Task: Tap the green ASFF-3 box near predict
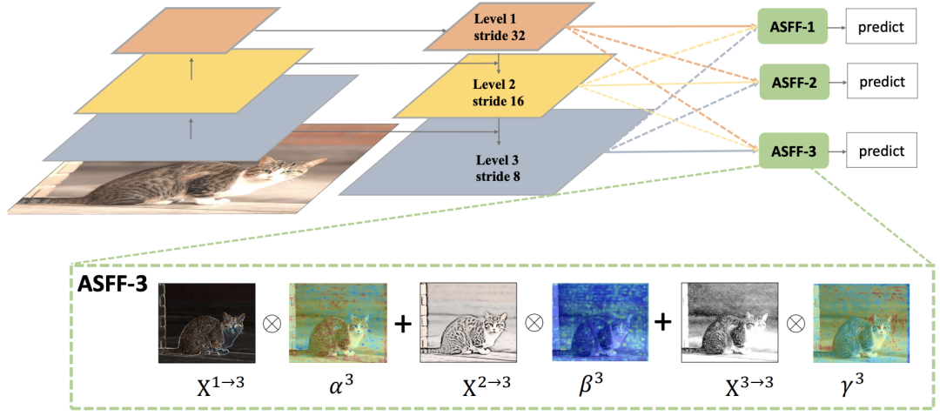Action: coord(793,151)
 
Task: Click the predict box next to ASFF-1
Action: coord(883,29)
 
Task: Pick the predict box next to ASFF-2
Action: coord(883,82)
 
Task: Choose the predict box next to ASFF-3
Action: coord(883,151)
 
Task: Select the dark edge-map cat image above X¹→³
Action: coord(206,323)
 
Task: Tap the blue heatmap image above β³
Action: coord(600,323)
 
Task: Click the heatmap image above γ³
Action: coord(861,323)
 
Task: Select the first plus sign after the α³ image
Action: coord(402,324)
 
